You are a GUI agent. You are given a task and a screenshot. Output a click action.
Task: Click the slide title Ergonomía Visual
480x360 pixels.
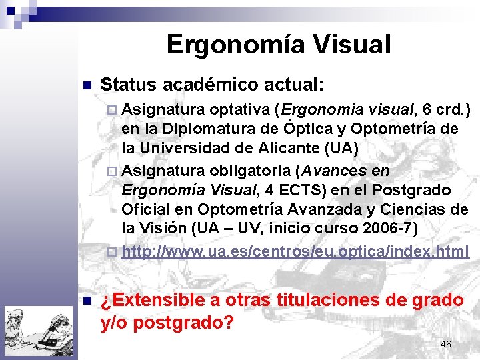(278, 45)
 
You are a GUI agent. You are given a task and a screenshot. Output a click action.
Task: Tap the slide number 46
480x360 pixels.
(445, 344)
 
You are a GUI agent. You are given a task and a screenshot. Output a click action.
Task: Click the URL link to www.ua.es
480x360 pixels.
(295, 252)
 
